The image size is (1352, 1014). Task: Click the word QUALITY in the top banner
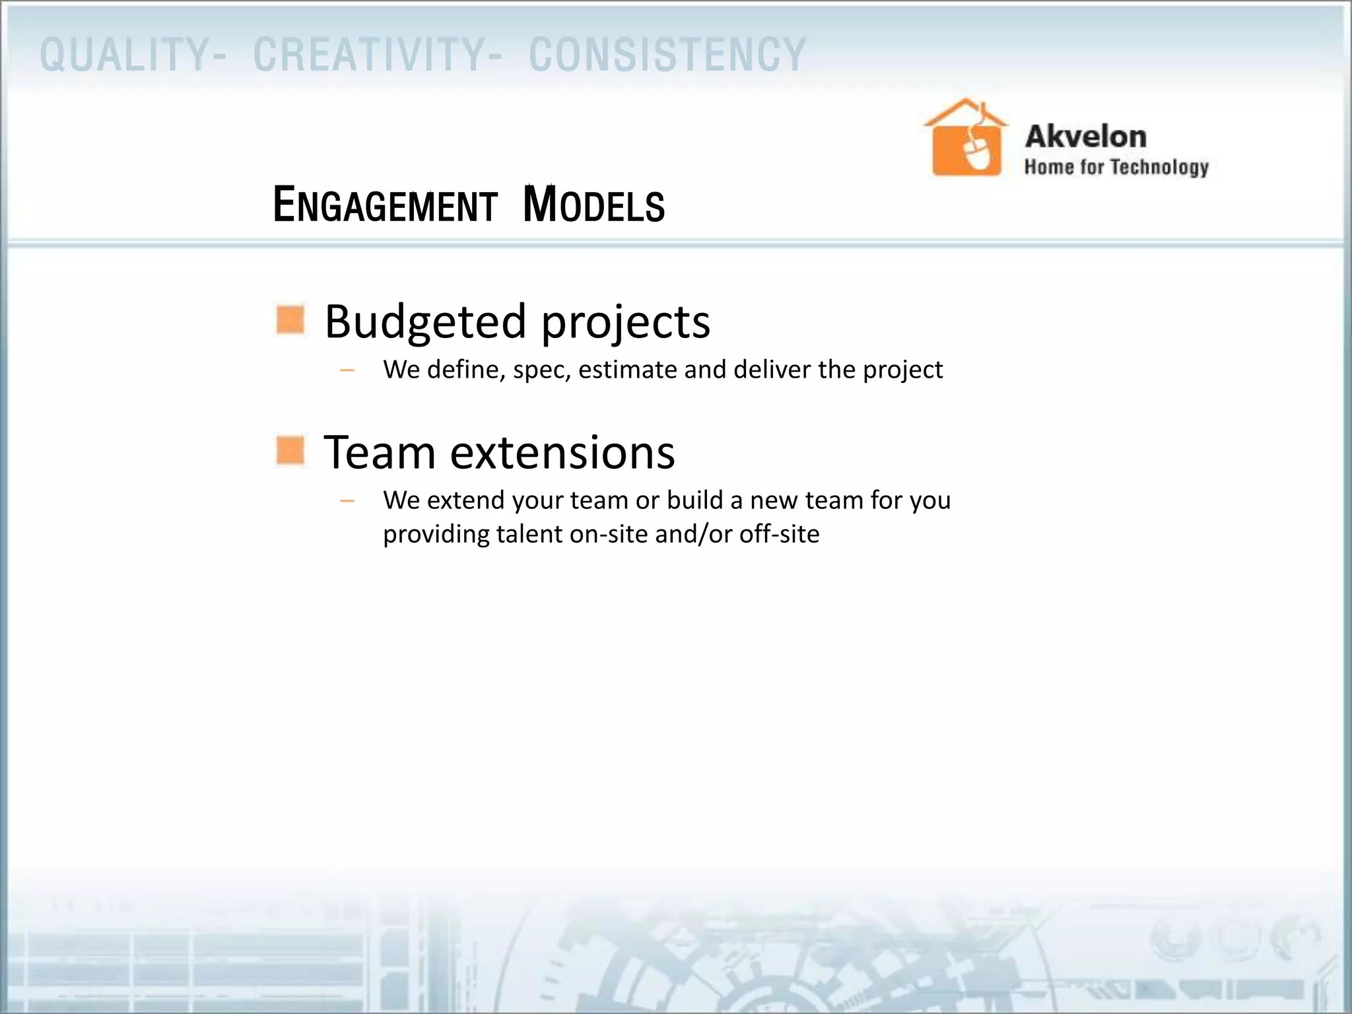click(125, 55)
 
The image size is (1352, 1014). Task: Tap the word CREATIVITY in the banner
click(370, 55)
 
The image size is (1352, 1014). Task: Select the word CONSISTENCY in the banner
click(667, 55)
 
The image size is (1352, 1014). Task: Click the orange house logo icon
click(966, 139)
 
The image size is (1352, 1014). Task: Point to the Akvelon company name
click(1085, 137)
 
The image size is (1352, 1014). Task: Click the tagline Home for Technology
click(1116, 167)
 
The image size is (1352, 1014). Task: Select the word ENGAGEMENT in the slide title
click(385, 205)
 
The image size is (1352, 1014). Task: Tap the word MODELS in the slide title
click(593, 205)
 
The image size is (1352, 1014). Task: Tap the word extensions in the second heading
click(562, 453)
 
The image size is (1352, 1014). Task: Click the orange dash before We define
click(347, 370)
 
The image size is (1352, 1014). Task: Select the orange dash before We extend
click(347, 501)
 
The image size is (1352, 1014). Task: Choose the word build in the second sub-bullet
click(694, 500)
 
